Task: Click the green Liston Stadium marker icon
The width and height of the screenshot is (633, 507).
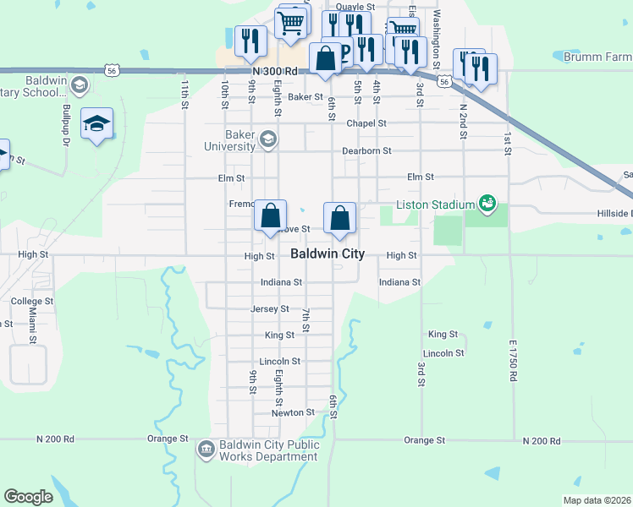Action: [x=487, y=203]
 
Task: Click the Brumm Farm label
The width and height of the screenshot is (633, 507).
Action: [x=597, y=57]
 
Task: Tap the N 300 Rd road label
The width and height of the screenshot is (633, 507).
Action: [x=276, y=73]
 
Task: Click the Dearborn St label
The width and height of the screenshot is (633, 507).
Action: [x=366, y=151]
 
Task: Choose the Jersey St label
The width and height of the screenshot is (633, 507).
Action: [x=270, y=309]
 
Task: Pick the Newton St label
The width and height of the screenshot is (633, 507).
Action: [x=293, y=413]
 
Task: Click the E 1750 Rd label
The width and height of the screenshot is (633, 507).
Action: [x=513, y=361]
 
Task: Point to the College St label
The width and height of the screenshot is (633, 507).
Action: [x=32, y=301]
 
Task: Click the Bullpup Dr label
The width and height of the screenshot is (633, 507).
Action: [x=65, y=123]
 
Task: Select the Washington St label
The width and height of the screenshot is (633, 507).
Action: [x=437, y=40]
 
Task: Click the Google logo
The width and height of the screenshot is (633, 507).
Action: [x=28, y=497]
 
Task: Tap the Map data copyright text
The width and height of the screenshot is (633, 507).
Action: [x=597, y=500]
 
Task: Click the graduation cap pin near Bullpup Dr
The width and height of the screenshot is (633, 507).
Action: [x=97, y=124]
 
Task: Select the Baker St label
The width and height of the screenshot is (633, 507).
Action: [x=305, y=97]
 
